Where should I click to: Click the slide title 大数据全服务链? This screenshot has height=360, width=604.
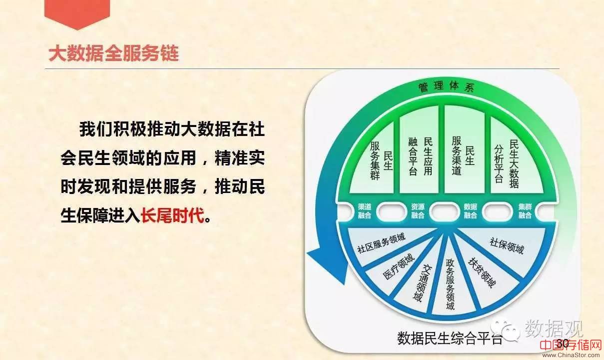[x=113, y=53]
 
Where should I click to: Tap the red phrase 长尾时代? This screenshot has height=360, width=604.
[x=172, y=215]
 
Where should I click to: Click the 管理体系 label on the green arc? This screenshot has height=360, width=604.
[x=446, y=86]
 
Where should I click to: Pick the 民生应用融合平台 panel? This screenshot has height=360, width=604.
[x=419, y=151]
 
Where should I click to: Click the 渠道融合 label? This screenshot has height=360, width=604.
[x=365, y=211]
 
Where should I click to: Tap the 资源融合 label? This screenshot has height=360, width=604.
[x=418, y=211]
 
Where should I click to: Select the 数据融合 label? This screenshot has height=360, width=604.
[x=471, y=211]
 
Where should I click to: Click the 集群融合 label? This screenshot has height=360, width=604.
[x=525, y=211]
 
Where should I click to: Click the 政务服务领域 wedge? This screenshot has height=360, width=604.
[x=451, y=283]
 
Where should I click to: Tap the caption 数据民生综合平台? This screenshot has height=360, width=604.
[x=450, y=338]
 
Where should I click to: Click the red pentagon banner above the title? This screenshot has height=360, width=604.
[x=77, y=13]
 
